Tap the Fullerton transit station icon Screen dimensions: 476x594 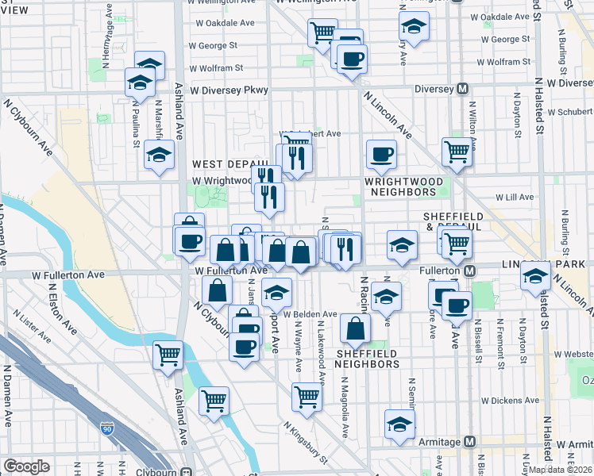pyautogui.click(x=469, y=271)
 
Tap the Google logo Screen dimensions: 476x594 pyautogui.click(x=26, y=466)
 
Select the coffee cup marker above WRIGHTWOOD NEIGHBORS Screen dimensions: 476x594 pyautogui.click(x=381, y=153)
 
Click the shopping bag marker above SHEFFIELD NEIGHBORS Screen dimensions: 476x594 pyautogui.click(x=355, y=327)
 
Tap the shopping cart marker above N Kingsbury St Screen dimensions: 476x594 pyautogui.click(x=307, y=396)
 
